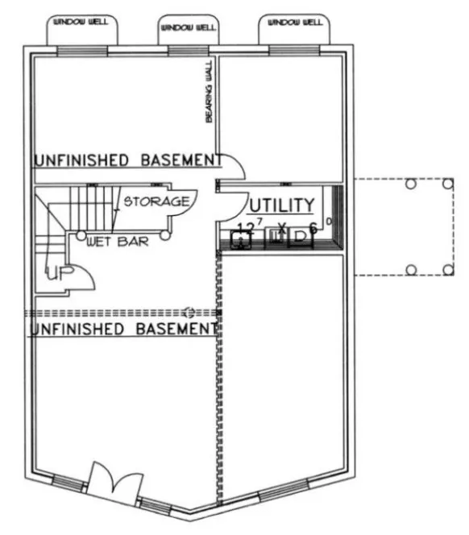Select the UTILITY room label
[280, 204]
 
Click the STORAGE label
[156, 200]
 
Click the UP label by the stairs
[57, 274]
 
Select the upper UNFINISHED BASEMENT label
[127, 160]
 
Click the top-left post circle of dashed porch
[410, 185]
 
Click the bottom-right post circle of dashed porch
[448, 269]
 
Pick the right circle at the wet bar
[164, 235]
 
